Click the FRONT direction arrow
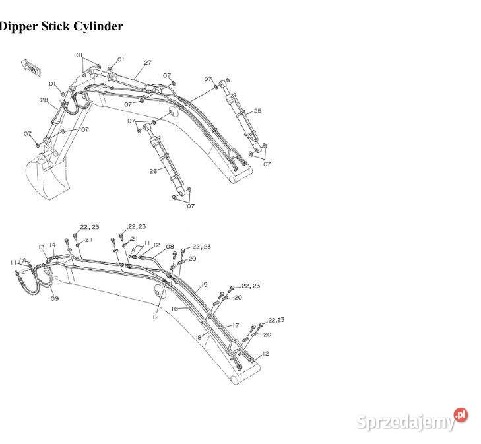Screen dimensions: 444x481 32,66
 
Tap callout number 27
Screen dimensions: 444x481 148,63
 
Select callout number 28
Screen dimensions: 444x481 44,100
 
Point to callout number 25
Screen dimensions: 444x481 257,111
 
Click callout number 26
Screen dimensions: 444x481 153,171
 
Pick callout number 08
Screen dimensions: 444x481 171,247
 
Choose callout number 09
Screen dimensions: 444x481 55,298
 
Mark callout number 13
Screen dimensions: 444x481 41,247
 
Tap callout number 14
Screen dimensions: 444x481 53,245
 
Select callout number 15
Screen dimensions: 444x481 205,284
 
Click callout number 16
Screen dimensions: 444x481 175,308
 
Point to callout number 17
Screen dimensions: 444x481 235,325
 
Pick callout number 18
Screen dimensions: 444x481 198,337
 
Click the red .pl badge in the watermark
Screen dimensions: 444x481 460,415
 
